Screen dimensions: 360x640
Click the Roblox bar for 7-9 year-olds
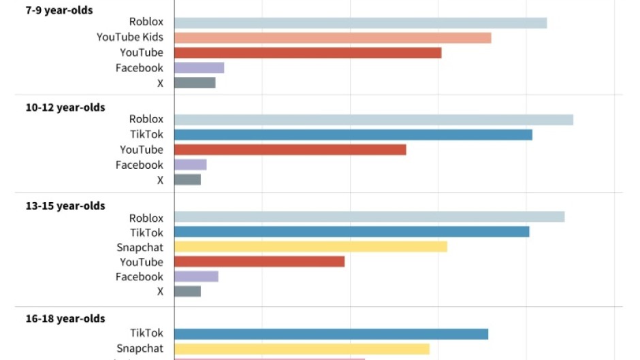(360, 23)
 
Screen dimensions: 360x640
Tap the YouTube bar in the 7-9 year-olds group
(308, 52)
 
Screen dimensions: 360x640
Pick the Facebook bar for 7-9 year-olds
(199, 67)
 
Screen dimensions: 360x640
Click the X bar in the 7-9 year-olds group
(195, 82)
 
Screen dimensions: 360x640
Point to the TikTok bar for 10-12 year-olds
(353, 135)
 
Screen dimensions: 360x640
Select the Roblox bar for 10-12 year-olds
(373, 120)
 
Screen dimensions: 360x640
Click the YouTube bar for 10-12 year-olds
(290, 150)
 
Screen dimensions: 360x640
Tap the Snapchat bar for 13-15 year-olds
(310, 247)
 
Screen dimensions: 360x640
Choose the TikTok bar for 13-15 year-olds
(351, 232)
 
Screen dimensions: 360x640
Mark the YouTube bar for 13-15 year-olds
(259, 262)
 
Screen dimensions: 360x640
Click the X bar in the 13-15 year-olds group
(187, 291)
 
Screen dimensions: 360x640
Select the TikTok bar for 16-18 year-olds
(331, 334)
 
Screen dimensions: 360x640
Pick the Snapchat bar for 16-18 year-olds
(302, 349)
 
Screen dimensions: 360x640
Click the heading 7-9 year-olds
(59, 10)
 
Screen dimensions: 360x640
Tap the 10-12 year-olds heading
(65, 108)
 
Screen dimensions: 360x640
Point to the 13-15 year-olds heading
(65, 206)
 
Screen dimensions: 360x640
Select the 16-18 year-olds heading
(65, 318)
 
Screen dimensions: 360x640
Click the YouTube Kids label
(129, 37)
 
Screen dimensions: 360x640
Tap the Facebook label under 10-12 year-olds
(139, 165)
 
